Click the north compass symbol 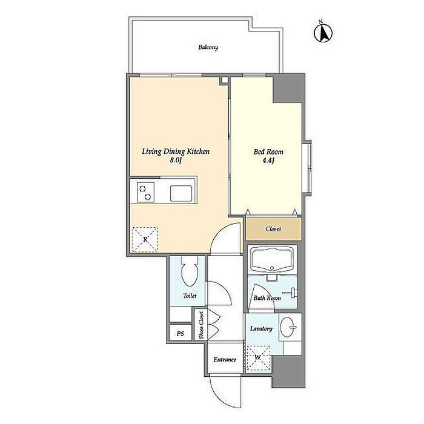323,32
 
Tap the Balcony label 208,48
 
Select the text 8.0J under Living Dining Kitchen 176,160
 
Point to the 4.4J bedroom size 268,161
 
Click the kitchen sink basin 181,193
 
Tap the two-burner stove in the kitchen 145,192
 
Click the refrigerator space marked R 145,240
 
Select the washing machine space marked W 258,358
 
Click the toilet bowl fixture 190,271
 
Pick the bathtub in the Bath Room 272,259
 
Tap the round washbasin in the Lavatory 288,326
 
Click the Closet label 273,229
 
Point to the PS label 181,334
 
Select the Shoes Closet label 201,325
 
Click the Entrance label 225,360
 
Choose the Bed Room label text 268,151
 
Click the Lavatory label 261,328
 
